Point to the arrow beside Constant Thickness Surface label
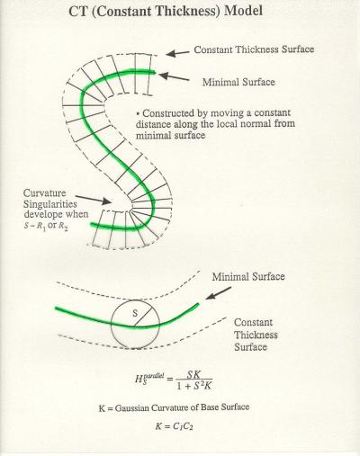177,53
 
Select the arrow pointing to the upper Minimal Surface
174,76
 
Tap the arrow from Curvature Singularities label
94,200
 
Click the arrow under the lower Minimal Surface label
219,293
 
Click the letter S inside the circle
135,313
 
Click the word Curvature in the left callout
44,192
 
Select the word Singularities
50,204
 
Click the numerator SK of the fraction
193,374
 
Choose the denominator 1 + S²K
194,385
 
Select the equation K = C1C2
174,426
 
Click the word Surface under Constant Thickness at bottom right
250,347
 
